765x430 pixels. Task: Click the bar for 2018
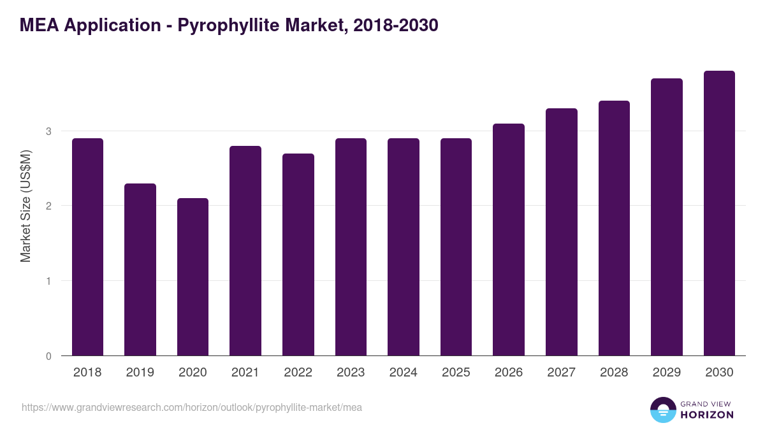tap(87, 247)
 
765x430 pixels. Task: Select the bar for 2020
tap(193, 277)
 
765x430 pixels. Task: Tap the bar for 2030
tap(719, 213)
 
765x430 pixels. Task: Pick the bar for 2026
tap(509, 240)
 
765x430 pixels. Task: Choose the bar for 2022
tap(298, 255)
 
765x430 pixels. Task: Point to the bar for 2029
tap(667, 217)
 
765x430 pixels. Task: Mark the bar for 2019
tap(140, 269)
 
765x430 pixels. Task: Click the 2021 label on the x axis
tap(245, 373)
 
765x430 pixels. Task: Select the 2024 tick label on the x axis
tap(404, 373)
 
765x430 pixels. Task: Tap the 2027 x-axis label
tap(562, 373)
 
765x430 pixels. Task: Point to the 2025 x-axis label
tap(456, 373)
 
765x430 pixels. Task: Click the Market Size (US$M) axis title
tap(25, 206)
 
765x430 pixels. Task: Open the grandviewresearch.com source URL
tap(192, 407)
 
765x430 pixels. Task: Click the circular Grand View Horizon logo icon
tap(663, 410)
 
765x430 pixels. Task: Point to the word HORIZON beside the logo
tap(706, 415)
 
